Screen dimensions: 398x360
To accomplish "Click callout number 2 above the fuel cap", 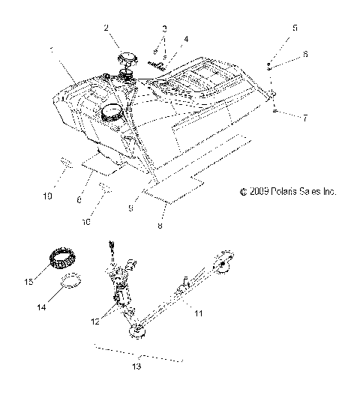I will pyautogui.click(x=106, y=28).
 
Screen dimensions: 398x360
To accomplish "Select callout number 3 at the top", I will pyautogui.click(x=163, y=28).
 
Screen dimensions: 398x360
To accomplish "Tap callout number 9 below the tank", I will pyautogui.click(x=131, y=210).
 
